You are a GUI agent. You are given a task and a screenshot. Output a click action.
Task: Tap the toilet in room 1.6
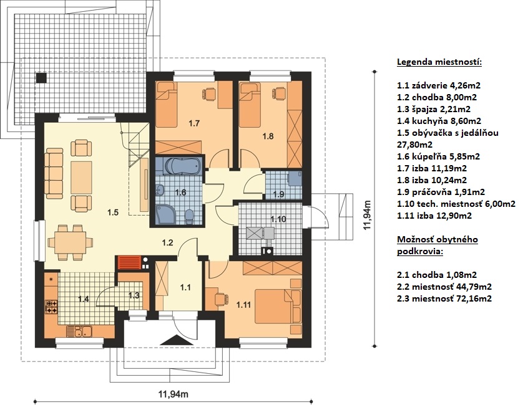pyautogui.click(x=190, y=217)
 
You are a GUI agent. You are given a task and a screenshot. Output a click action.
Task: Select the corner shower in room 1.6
pyautogui.click(x=165, y=215)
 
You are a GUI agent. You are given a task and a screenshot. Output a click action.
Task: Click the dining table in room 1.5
pyautogui.click(x=70, y=242)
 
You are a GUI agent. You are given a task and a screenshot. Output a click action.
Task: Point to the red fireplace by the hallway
pyautogui.click(x=129, y=263)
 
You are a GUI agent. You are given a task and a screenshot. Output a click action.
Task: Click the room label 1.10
pyautogui.click(x=278, y=219)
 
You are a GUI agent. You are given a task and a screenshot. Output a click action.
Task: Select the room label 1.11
pyautogui.click(x=243, y=305)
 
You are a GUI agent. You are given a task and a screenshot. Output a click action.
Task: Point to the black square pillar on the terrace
pyautogui.click(x=41, y=78)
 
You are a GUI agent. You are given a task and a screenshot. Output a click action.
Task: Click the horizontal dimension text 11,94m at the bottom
pyautogui.click(x=174, y=394)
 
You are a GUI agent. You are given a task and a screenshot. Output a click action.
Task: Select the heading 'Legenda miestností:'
pyautogui.click(x=439, y=62)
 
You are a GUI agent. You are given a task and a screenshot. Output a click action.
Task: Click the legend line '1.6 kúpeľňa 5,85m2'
pyautogui.click(x=438, y=156)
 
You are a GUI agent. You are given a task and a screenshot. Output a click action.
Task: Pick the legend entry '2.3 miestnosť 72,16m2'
pyautogui.click(x=444, y=298)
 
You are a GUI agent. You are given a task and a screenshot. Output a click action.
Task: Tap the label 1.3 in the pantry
pyautogui.click(x=134, y=295)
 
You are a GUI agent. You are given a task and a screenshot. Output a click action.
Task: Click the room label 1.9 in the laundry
pyautogui.click(x=278, y=194)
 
